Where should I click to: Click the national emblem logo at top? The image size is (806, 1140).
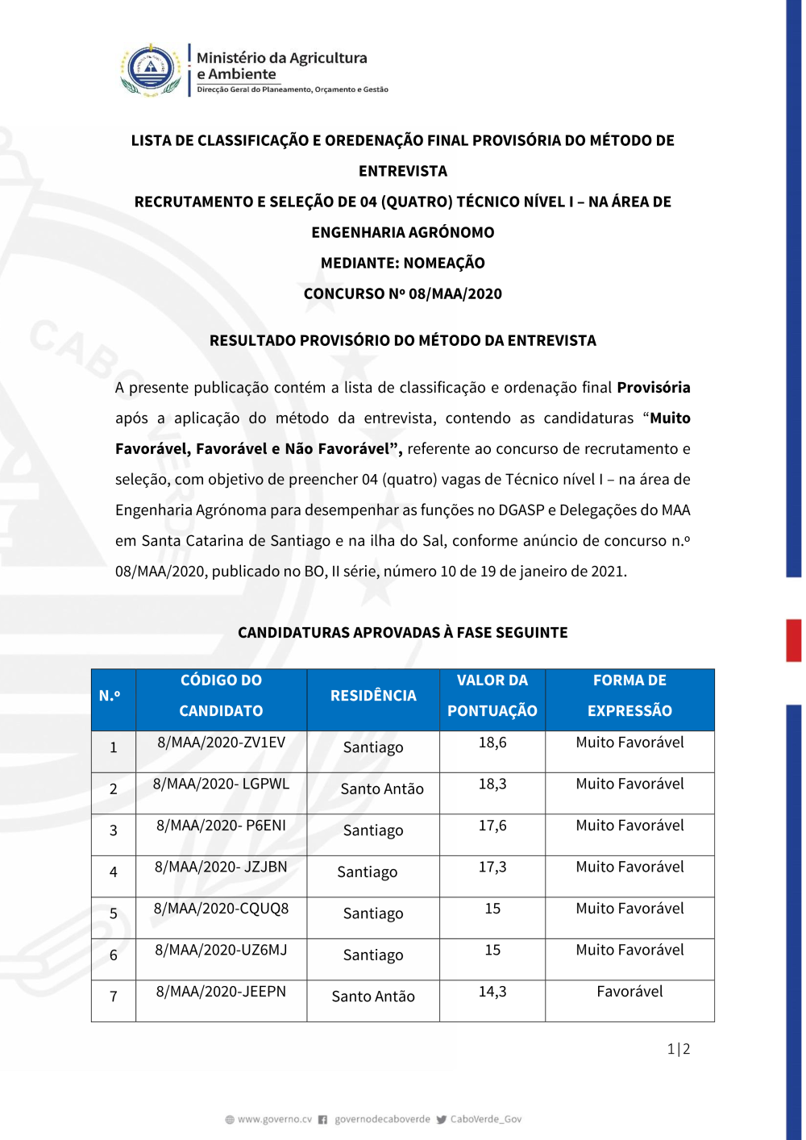pyautogui.click(x=151, y=69)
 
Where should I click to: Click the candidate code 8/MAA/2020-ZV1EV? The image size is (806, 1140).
pyautogui.click(x=221, y=743)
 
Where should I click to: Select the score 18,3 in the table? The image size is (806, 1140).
pyautogui.click(x=492, y=784)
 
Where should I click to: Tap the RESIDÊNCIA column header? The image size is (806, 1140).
pyautogui.click(x=373, y=696)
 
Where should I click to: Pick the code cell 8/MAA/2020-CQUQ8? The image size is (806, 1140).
pyautogui.click(x=221, y=909)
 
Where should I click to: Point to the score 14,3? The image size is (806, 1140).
pyautogui.click(x=492, y=992)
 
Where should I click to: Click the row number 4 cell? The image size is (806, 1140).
pyautogui.click(x=114, y=872)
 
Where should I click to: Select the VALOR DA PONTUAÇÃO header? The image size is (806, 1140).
pyautogui.click(x=492, y=696)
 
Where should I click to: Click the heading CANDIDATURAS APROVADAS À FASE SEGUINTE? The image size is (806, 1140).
pyautogui.click(x=402, y=633)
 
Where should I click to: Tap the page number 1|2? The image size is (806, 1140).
pyautogui.click(x=679, y=1049)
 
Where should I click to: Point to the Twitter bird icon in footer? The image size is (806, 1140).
pyautogui.click(x=442, y=1120)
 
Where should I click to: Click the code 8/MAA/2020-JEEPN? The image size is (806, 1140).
pyautogui.click(x=221, y=992)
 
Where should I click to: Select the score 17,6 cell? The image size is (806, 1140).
pyautogui.click(x=492, y=826)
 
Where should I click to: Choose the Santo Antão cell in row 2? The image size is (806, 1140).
pyautogui.click(x=382, y=789)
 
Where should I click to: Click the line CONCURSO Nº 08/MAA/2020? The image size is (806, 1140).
pyautogui.click(x=402, y=294)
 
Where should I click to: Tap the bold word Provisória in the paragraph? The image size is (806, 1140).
pyautogui.click(x=654, y=388)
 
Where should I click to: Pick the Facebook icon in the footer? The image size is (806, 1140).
pyautogui.click(x=322, y=1120)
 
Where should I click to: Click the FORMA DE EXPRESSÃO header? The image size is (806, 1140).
pyautogui.click(x=629, y=696)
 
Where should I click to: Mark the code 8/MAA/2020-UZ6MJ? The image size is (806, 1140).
pyautogui.click(x=221, y=951)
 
